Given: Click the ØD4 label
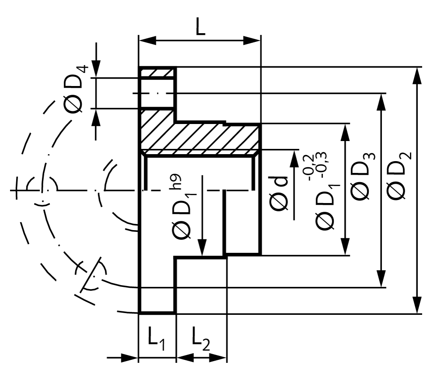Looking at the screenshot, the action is (75, 89).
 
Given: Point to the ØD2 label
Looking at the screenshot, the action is (398, 176).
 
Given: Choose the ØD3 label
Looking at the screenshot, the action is (362, 176).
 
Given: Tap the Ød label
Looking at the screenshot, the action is (277, 193).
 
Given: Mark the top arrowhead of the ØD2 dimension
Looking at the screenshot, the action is (417, 75).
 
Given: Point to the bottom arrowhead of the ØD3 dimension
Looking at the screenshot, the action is (381, 279).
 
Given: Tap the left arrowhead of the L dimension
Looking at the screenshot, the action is (147, 40).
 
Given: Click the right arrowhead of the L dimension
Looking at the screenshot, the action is (252, 40).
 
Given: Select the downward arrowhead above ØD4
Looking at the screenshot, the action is (96, 69).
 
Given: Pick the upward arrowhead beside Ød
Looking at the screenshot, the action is (294, 159).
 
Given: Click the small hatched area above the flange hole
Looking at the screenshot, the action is (157, 72).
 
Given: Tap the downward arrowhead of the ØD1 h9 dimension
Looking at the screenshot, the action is (202, 247).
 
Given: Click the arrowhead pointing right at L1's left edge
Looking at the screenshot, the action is (130, 358).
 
